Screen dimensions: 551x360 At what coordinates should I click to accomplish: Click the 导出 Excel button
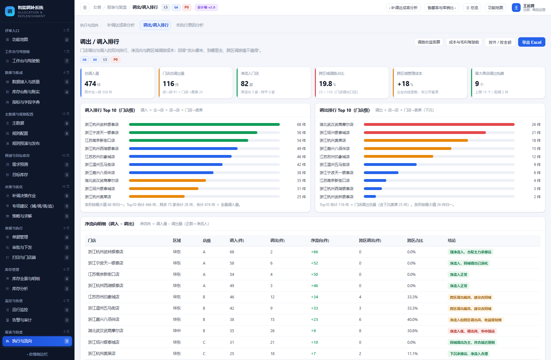tap(532, 42)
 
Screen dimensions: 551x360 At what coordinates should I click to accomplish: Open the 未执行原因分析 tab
tap(190, 25)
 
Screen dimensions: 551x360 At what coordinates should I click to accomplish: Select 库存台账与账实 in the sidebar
tap(26, 92)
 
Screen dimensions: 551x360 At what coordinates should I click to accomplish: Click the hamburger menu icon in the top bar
tap(85, 8)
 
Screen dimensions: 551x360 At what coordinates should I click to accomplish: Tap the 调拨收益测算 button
tap(429, 42)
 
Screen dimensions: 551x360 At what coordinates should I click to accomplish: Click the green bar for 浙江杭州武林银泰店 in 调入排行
tap(204, 125)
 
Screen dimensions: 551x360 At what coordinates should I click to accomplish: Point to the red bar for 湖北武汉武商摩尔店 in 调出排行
tap(439, 125)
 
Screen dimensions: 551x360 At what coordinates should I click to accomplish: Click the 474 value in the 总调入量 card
tap(90, 84)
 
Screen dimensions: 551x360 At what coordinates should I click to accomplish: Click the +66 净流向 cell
tap(314, 252)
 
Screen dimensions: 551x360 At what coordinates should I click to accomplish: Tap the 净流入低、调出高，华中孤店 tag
tap(472, 331)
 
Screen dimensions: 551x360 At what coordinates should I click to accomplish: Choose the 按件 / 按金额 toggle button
tap(500, 42)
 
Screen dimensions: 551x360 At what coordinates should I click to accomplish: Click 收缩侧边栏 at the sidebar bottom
tap(37, 354)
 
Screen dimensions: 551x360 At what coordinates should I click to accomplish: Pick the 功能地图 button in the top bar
tap(496, 8)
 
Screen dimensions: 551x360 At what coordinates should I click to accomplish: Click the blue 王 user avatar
tap(516, 8)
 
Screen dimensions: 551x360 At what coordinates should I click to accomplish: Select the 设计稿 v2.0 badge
tap(206, 8)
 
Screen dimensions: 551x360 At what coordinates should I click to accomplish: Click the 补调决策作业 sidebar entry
tap(24, 196)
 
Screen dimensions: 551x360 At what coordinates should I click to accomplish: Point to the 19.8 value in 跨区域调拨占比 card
tap(326, 84)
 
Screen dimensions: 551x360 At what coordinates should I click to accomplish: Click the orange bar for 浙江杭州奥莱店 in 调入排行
tap(157, 197)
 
